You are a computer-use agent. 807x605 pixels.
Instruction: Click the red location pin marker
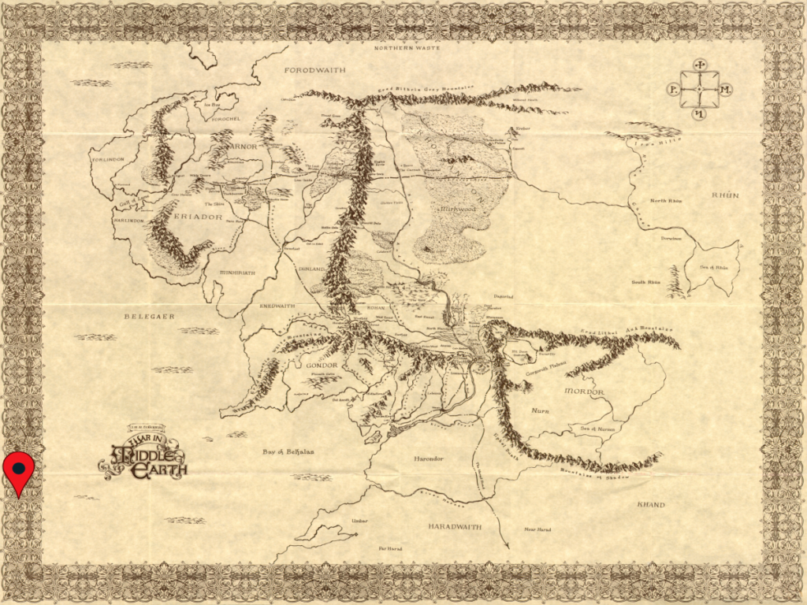click(18, 470)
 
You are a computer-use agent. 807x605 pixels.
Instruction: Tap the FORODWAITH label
click(315, 70)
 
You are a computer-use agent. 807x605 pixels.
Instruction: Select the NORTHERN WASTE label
click(403, 48)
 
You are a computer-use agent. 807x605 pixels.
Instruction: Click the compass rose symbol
click(699, 90)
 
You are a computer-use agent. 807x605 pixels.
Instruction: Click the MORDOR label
click(584, 392)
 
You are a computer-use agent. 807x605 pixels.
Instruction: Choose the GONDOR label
click(318, 366)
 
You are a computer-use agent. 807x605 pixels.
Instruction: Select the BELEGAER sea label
click(148, 316)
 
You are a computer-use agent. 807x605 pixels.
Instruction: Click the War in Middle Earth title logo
click(144, 455)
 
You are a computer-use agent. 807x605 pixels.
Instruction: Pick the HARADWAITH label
click(455, 525)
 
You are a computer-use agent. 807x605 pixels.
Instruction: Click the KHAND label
click(650, 505)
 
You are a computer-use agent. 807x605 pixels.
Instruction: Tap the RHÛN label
click(725, 195)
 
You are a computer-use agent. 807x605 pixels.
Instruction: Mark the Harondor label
click(430, 458)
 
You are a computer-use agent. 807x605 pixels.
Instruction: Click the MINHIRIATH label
click(236, 273)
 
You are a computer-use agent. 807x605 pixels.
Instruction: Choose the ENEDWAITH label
click(277, 306)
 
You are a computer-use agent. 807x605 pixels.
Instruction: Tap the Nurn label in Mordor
click(540, 410)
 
